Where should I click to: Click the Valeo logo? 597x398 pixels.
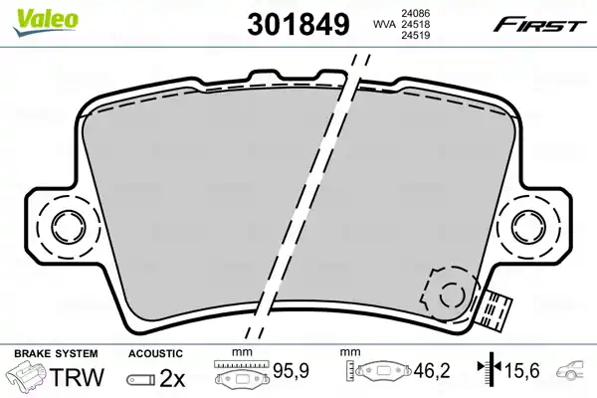(46, 22)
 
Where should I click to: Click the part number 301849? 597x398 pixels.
(298, 24)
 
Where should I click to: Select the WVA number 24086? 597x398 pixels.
(415, 13)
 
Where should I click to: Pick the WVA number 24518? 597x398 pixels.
(415, 24)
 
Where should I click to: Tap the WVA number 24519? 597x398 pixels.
(415, 35)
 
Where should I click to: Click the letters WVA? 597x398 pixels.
(384, 24)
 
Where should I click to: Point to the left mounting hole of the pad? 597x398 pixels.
(68, 226)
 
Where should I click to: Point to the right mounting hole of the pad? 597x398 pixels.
(528, 226)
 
